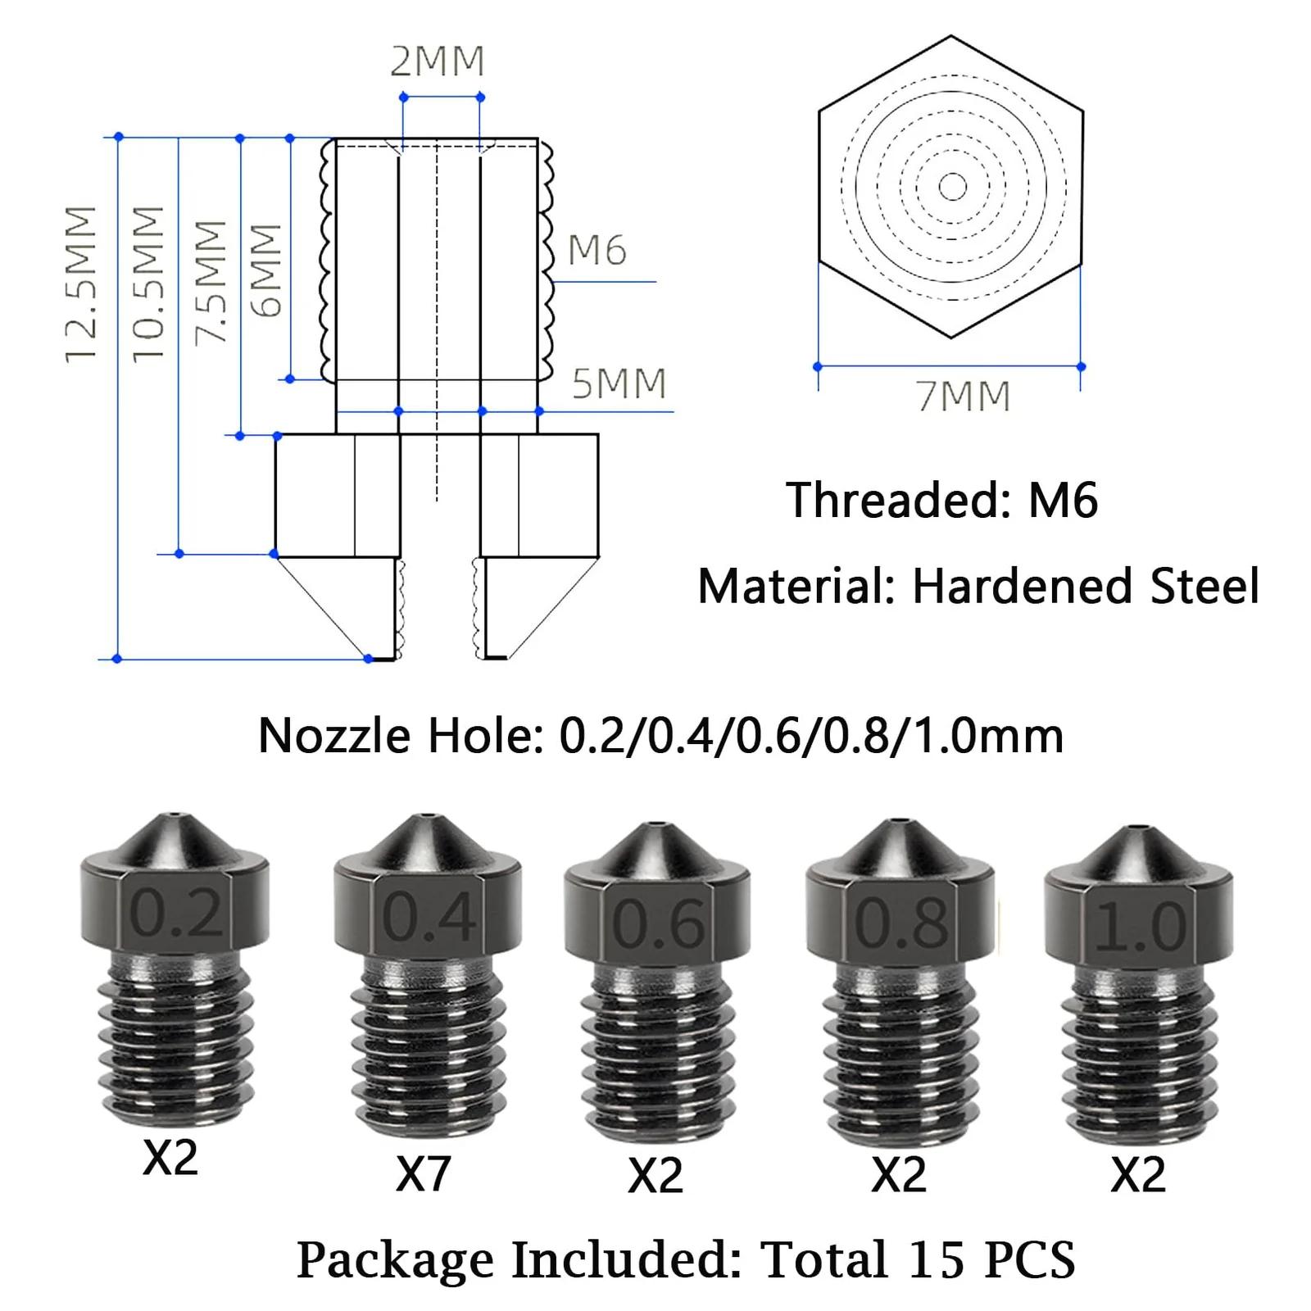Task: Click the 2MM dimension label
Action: click(438, 61)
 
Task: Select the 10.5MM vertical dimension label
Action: click(149, 284)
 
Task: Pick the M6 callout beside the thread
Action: click(597, 249)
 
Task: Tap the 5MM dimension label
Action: click(619, 383)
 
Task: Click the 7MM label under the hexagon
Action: click(964, 397)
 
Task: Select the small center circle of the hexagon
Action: click(951, 187)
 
